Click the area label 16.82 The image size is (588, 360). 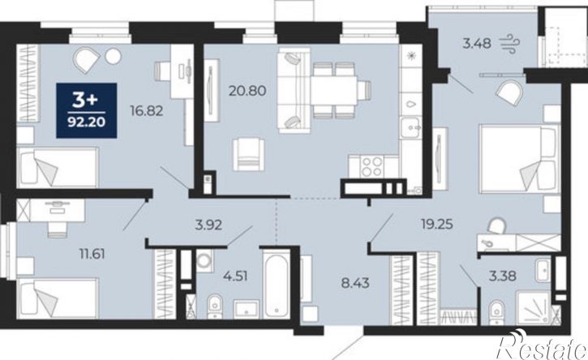click(x=146, y=110)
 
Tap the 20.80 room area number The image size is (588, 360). click(x=247, y=90)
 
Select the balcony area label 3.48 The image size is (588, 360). click(x=477, y=44)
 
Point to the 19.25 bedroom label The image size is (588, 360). click(x=437, y=225)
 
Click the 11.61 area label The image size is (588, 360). click(x=92, y=254)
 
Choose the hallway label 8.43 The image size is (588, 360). click(x=355, y=283)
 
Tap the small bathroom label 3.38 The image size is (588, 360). click(x=503, y=276)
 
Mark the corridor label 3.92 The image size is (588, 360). click(x=208, y=225)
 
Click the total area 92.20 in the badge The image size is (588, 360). click(x=87, y=122)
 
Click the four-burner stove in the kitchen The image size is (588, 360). click(x=371, y=166)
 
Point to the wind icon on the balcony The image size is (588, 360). click(x=509, y=41)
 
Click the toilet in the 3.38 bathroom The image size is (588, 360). click(x=496, y=310)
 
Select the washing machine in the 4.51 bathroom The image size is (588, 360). click(x=204, y=260)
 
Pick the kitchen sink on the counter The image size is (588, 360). click(x=411, y=128)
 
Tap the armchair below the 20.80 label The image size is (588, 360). click(x=248, y=154)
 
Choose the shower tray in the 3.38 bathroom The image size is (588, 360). click(x=534, y=307)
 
